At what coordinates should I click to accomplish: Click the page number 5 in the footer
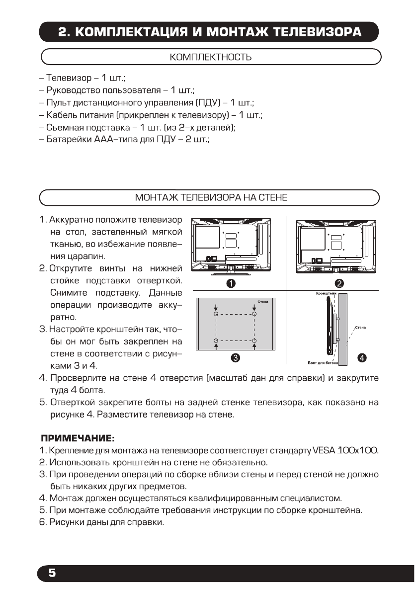52,573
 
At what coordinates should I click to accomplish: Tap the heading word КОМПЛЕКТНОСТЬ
210,57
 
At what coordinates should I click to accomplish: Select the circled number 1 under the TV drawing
231,284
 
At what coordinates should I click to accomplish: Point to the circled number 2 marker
340,284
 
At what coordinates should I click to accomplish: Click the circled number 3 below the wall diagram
236,358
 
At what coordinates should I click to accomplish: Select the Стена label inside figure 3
263,301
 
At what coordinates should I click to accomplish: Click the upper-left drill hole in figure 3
216,315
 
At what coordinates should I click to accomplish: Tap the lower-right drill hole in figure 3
254,340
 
